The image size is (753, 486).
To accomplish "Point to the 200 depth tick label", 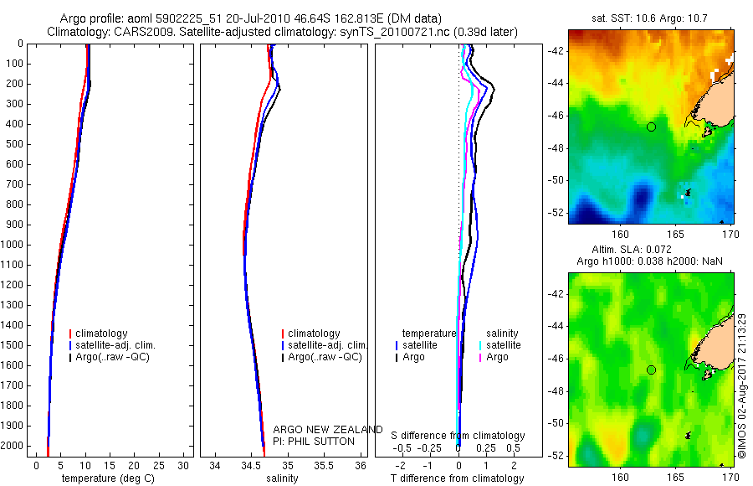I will pos(14,84).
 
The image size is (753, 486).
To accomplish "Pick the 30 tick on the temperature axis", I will pos(182,465).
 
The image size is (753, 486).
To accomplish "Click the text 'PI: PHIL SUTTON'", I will pos(314,442).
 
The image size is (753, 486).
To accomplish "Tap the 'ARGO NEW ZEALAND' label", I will pos(328,430).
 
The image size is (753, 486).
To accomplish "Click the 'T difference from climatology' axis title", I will pos(457,478).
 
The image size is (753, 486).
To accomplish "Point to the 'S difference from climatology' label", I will pos(458,436).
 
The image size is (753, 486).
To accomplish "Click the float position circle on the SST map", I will pos(651,127).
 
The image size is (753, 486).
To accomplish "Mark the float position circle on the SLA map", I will pos(651,370).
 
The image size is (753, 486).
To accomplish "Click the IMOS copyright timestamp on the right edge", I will pos(742,385).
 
